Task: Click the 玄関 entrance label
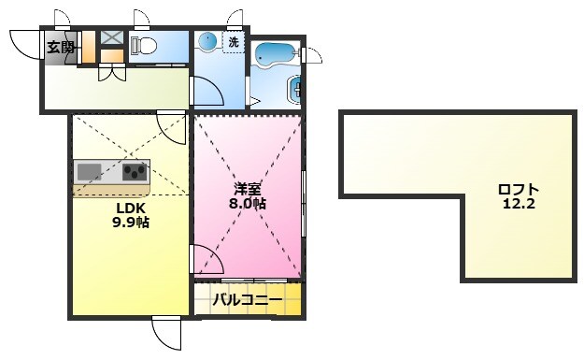pos(61,48)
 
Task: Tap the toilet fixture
pos(143,46)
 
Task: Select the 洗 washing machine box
pos(234,43)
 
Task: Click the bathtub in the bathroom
pos(276,54)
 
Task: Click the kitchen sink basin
pos(90,172)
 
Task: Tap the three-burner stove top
pos(135,172)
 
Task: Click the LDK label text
pos(131,209)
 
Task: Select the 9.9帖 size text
pos(131,223)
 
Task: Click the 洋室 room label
pos(247,189)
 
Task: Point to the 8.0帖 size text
pos(247,204)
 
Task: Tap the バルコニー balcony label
pos(248,300)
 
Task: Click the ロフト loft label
pos(519,190)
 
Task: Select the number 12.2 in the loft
pos(519,204)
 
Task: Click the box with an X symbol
pos(112,37)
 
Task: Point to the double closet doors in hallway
pos(112,72)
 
